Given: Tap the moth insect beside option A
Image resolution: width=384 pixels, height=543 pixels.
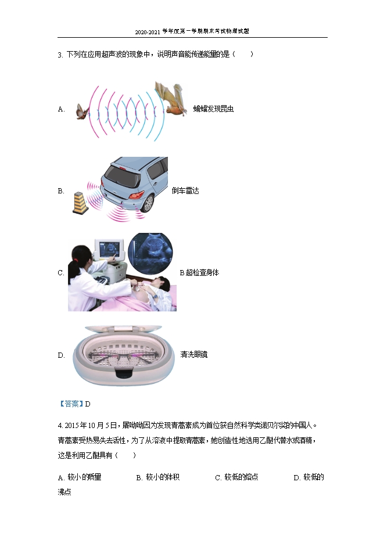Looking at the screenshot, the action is (82, 112).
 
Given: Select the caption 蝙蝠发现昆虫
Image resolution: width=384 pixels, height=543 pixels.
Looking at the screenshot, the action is (213, 109).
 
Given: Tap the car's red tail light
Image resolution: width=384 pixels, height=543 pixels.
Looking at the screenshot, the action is (136, 195).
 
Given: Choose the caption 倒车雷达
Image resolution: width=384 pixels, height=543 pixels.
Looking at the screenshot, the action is (185, 190).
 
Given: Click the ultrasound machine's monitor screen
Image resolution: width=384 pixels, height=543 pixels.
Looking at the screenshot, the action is (109, 249).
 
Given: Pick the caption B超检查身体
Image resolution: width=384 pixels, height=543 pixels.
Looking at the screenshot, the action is (199, 272).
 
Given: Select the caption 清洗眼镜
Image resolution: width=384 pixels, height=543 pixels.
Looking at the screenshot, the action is (193, 354).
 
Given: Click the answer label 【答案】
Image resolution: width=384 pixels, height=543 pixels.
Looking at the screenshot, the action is (71, 404).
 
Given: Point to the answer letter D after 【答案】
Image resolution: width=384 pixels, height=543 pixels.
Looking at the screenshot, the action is (88, 404).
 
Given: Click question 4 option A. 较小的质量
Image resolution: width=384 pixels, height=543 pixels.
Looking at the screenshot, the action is (80, 477).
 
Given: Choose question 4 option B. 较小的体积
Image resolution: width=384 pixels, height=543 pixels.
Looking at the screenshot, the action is (158, 477).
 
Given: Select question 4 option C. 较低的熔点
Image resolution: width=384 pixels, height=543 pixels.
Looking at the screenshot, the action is (236, 477).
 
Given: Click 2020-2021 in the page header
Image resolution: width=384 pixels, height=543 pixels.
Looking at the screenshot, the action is (148, 32).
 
